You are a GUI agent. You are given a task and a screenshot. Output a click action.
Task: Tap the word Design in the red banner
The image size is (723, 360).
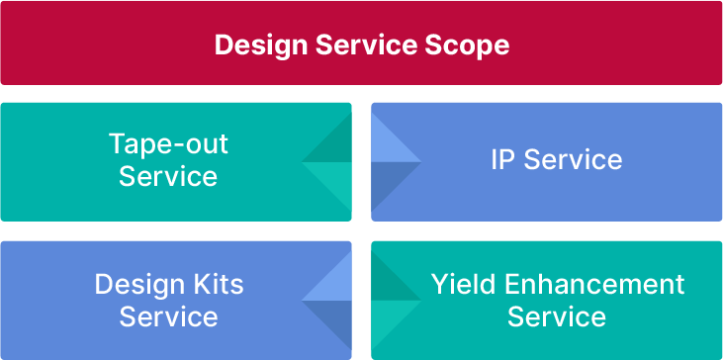pos(257,45)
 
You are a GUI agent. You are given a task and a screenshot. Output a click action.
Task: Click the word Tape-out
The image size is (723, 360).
pos(168,144)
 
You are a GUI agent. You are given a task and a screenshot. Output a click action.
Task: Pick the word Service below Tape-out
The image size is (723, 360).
pos(168,176)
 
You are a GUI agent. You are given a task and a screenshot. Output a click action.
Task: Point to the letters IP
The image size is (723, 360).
pos(503,160)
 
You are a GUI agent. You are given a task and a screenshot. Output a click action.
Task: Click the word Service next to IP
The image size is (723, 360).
pos(573,160)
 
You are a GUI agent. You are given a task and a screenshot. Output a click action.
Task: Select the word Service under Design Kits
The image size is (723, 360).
pos(168,316)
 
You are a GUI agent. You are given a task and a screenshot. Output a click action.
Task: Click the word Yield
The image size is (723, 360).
pos(463,285)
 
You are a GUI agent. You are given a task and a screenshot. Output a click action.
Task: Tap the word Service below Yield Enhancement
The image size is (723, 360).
pos(557,316)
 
